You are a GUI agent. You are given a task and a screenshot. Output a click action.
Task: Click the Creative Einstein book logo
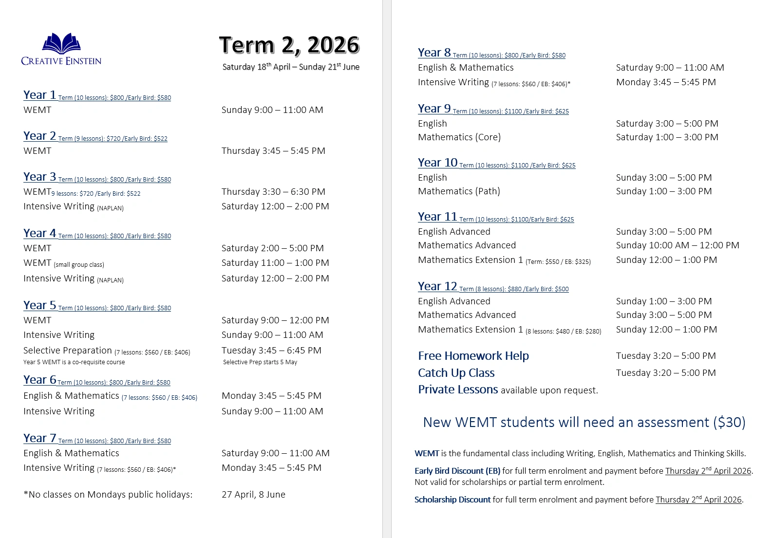coord(61,44)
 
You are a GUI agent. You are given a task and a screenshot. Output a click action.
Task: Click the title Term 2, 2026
coord(289,45)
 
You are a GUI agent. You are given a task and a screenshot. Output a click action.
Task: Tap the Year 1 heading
coord(40,95)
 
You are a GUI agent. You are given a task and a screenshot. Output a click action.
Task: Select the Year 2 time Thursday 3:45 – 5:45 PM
coord(273,151)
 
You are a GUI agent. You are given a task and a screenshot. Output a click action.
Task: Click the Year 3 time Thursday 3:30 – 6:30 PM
coord(273,192)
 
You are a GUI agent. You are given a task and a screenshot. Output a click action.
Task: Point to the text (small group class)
coord(79,265)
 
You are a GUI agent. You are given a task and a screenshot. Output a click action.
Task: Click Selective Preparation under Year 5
coord(68,351)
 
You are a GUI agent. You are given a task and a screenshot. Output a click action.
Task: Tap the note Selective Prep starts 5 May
coord(260,362)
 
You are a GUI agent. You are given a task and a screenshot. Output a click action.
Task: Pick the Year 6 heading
coord(40,380)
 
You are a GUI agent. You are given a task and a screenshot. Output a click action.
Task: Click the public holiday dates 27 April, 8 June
coord(253,495)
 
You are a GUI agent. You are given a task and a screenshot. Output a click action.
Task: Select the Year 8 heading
coord(434,53)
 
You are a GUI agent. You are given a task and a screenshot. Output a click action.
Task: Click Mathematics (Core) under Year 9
coord(459,137)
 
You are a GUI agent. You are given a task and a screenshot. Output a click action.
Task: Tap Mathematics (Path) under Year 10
coord(459,191)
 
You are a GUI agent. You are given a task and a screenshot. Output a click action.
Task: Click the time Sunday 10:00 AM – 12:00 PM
coord(677,245)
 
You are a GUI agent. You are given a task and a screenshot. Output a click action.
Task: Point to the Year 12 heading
coord(437,286)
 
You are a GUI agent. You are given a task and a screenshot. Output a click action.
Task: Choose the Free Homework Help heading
coord(473,356)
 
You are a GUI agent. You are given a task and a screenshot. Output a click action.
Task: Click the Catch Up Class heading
coord(456,373)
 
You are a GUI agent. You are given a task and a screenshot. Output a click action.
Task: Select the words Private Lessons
coord(458,390)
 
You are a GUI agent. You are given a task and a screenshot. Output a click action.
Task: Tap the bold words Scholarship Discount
coord(452,500)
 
